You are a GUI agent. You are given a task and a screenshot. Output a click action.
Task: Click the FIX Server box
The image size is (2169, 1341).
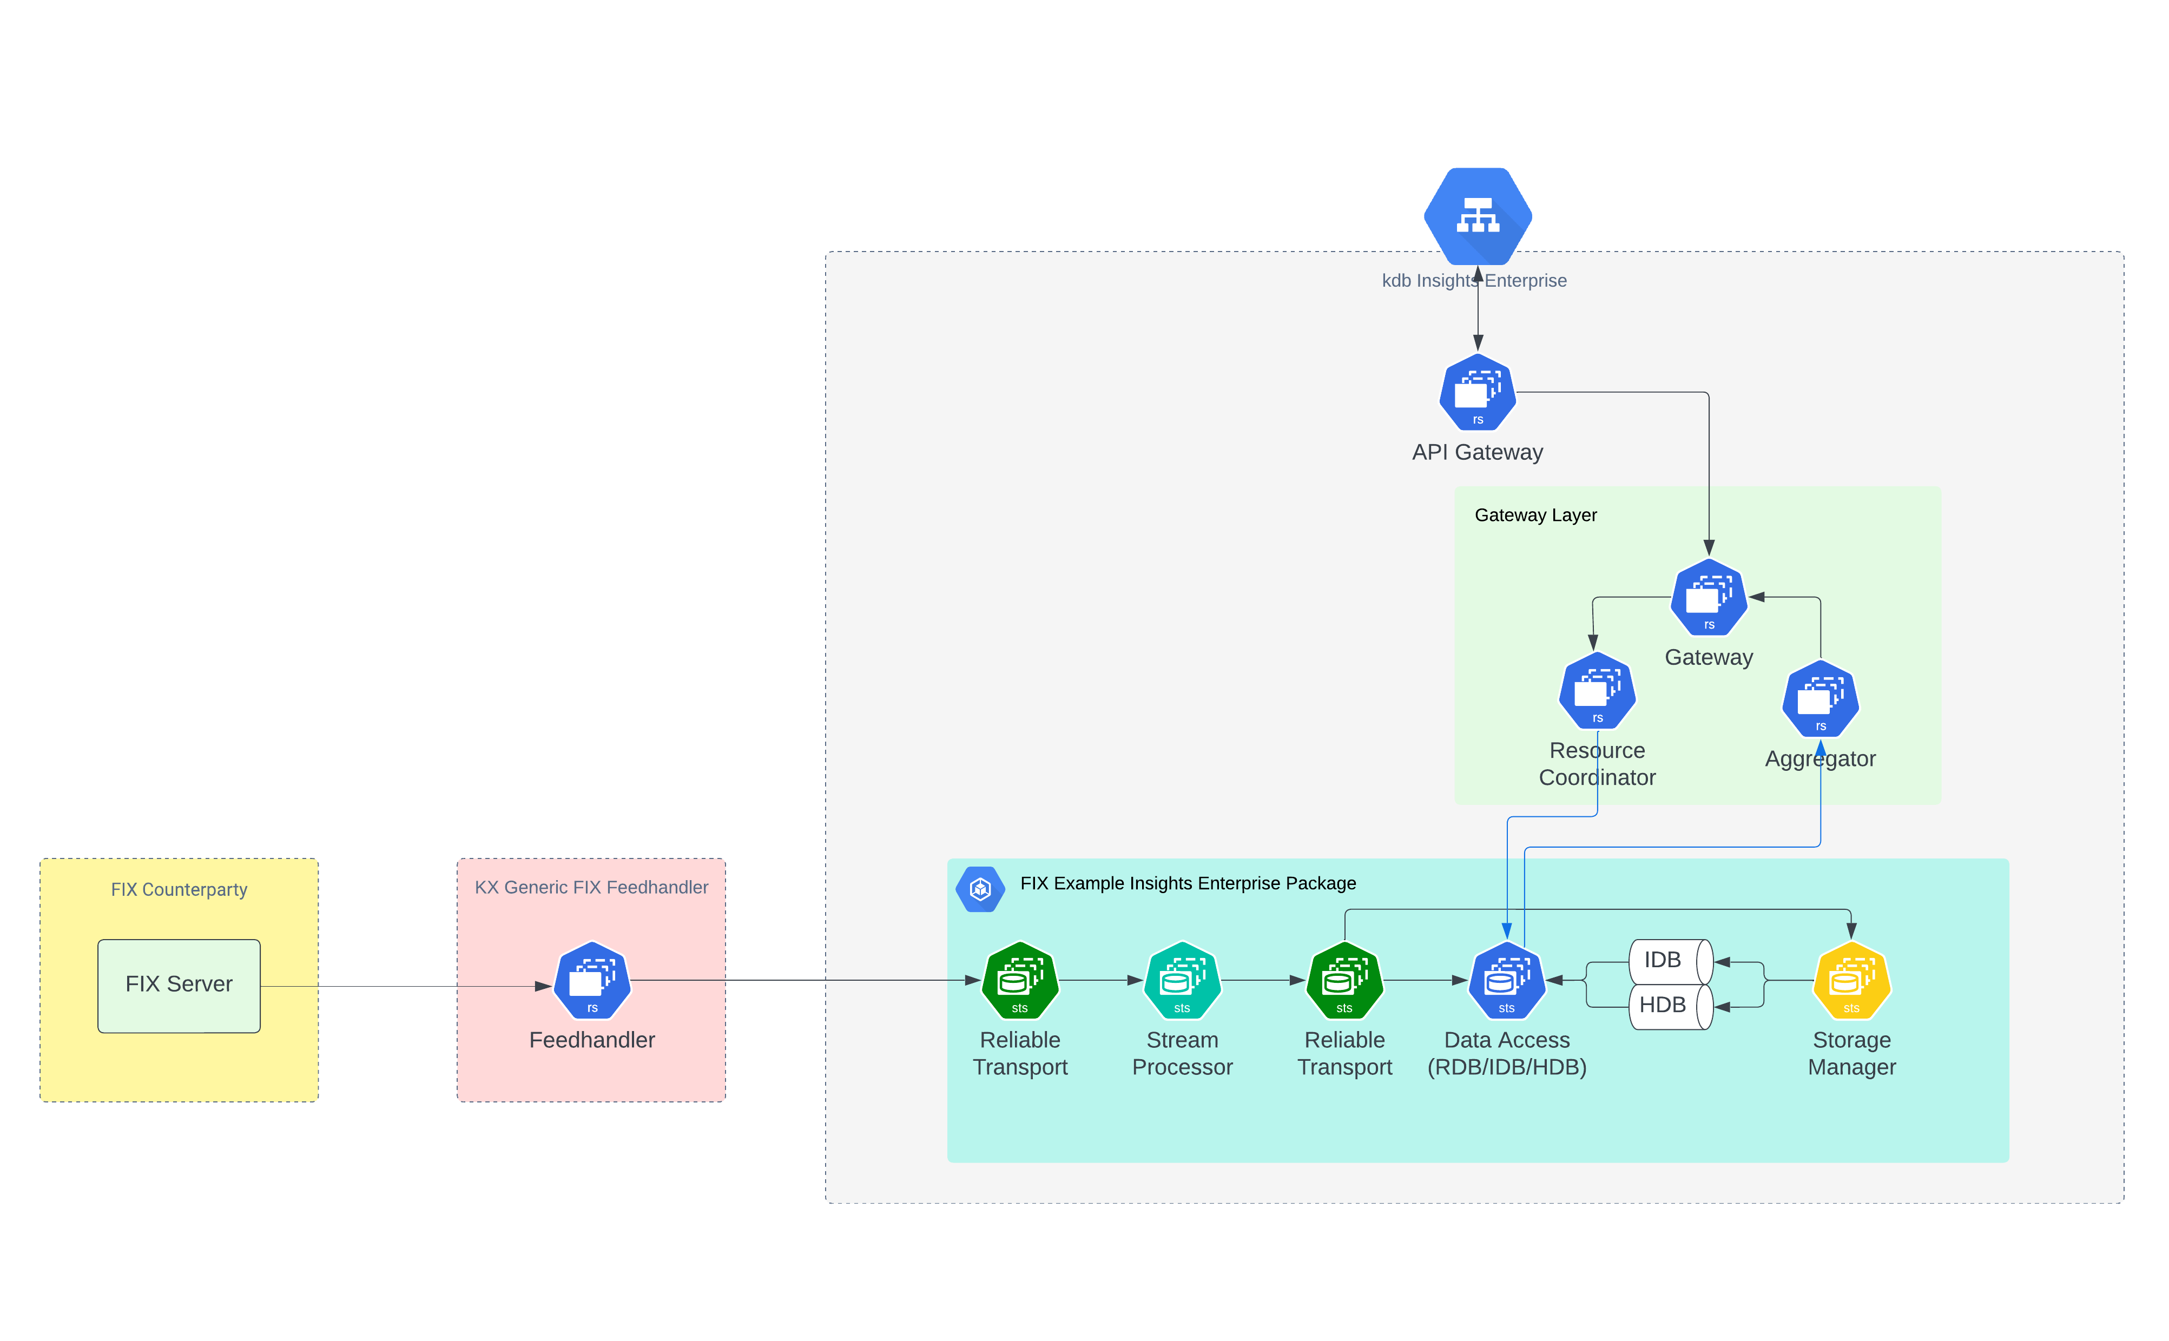179,986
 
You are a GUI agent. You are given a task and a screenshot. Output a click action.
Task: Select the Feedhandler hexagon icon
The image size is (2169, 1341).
592,980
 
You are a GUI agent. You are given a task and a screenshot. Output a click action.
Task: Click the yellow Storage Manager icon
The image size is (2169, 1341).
1851,980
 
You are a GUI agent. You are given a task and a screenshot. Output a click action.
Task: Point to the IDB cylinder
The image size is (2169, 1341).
1669,961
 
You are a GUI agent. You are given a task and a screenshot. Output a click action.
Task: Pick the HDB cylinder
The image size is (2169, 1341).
1669,1006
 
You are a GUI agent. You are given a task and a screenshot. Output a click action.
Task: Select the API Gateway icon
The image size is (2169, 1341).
1477,392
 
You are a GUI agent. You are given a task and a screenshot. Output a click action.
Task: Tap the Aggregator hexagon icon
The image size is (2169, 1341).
1821,699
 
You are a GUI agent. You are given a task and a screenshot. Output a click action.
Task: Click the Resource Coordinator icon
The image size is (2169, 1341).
1597,691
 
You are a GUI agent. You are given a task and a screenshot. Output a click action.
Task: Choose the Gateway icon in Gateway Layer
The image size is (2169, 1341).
1709,597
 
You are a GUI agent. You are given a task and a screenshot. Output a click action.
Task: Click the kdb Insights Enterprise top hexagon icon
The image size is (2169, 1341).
1477,215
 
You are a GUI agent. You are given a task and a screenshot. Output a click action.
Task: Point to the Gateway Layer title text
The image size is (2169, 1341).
1535,516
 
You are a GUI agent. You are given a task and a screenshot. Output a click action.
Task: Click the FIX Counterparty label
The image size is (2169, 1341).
179,889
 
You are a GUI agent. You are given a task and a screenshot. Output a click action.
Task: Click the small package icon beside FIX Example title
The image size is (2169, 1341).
980,889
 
